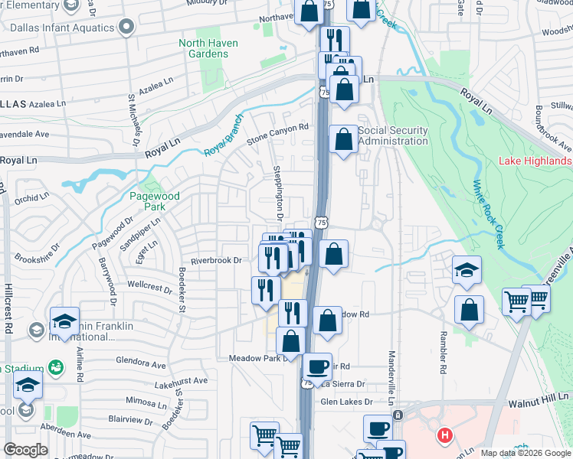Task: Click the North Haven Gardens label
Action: coord(208,48)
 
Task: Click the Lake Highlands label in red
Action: coord(535,161)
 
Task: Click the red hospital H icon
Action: coord(444,437)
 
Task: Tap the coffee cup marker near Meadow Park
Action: coord(316,366)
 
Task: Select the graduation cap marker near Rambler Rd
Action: coord(467,269)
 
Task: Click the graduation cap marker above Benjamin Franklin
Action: coord(65,320)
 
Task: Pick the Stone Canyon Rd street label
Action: coord(277,135)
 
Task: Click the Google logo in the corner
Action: coord(25,450)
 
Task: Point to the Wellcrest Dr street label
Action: coord(150,288)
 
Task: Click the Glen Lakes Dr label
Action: coord(346,402)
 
